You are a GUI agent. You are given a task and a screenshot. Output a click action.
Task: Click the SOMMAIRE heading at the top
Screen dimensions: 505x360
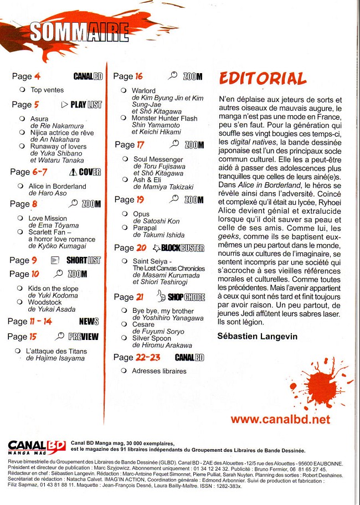coord(78,33)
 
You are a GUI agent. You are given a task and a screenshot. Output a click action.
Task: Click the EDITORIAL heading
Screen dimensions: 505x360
coord(263,78)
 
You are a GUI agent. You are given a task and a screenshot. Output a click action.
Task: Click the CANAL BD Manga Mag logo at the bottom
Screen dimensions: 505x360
coord(37,446)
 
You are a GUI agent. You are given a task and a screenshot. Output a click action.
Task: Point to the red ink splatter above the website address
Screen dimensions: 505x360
coord(323,382)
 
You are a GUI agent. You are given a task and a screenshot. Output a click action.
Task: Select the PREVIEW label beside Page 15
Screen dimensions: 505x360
coord(79,336)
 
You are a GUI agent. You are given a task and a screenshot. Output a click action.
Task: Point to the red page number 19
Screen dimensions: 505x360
coord(140,199)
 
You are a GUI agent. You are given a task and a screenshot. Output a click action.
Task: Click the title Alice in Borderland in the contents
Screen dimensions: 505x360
coord(57,187)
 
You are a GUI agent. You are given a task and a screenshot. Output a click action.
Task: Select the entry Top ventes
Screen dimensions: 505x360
coord(47,90)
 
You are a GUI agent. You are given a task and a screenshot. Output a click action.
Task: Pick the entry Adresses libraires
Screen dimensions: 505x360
coord(159,371)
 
